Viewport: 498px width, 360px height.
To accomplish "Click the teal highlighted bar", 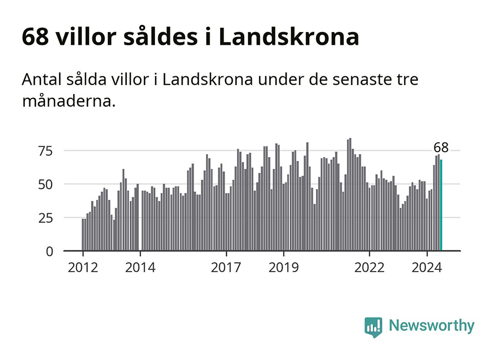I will (441, 205).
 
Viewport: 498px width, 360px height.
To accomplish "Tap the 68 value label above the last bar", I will (441, 148).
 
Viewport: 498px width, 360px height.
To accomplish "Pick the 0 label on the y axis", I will (49, 252).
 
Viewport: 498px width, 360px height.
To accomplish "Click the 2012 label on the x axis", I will (83, 268).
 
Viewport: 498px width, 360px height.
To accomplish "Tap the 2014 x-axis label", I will (141, 268).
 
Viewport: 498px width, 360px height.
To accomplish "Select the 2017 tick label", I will (226, 268).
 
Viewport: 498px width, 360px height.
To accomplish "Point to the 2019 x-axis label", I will (284, 268).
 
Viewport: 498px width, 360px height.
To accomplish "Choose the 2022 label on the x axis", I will (370, 268).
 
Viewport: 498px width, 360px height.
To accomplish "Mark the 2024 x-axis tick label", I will (427, 268).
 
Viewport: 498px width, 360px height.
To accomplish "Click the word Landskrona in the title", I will (289, 37).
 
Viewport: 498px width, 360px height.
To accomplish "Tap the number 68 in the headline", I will (34, 37).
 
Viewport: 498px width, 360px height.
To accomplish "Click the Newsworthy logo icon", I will (373, 326).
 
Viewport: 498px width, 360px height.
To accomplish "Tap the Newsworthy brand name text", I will (432, 326).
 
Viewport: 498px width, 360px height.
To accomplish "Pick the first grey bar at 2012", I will (83, 235).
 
